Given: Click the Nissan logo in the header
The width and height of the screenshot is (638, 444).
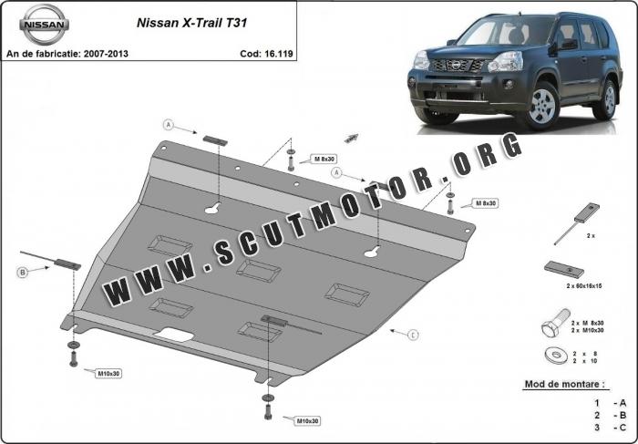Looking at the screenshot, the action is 44,24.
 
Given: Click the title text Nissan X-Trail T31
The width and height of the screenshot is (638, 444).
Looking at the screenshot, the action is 191,23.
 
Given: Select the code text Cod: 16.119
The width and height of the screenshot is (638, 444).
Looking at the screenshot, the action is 266,54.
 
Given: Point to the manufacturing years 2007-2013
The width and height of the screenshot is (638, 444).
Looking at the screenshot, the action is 106,54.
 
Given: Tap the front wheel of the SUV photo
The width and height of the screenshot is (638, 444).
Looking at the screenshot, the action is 541,106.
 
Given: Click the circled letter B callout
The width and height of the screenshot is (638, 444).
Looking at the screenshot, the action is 23,273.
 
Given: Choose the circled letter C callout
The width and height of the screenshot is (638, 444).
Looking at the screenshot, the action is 413,335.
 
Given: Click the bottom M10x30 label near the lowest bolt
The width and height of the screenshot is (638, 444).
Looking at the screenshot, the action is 308,421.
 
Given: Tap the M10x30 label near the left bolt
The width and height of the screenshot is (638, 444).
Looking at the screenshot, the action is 108,373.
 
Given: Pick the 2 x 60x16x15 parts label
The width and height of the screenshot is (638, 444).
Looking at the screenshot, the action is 584,286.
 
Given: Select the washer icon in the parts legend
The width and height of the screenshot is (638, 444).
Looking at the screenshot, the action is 556,356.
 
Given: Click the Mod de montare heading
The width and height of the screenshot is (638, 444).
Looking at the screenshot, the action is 564,384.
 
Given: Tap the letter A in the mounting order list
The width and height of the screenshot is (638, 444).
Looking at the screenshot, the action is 623,403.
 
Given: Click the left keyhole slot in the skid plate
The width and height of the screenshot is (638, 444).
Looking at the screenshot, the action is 212,209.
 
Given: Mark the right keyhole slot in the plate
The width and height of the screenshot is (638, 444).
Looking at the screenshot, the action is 372,253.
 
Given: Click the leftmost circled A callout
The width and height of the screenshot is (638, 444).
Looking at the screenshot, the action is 169,125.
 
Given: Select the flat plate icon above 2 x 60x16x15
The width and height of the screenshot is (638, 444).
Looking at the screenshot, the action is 564,269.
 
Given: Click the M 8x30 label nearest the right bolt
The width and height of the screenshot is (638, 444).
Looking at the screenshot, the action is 486,203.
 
